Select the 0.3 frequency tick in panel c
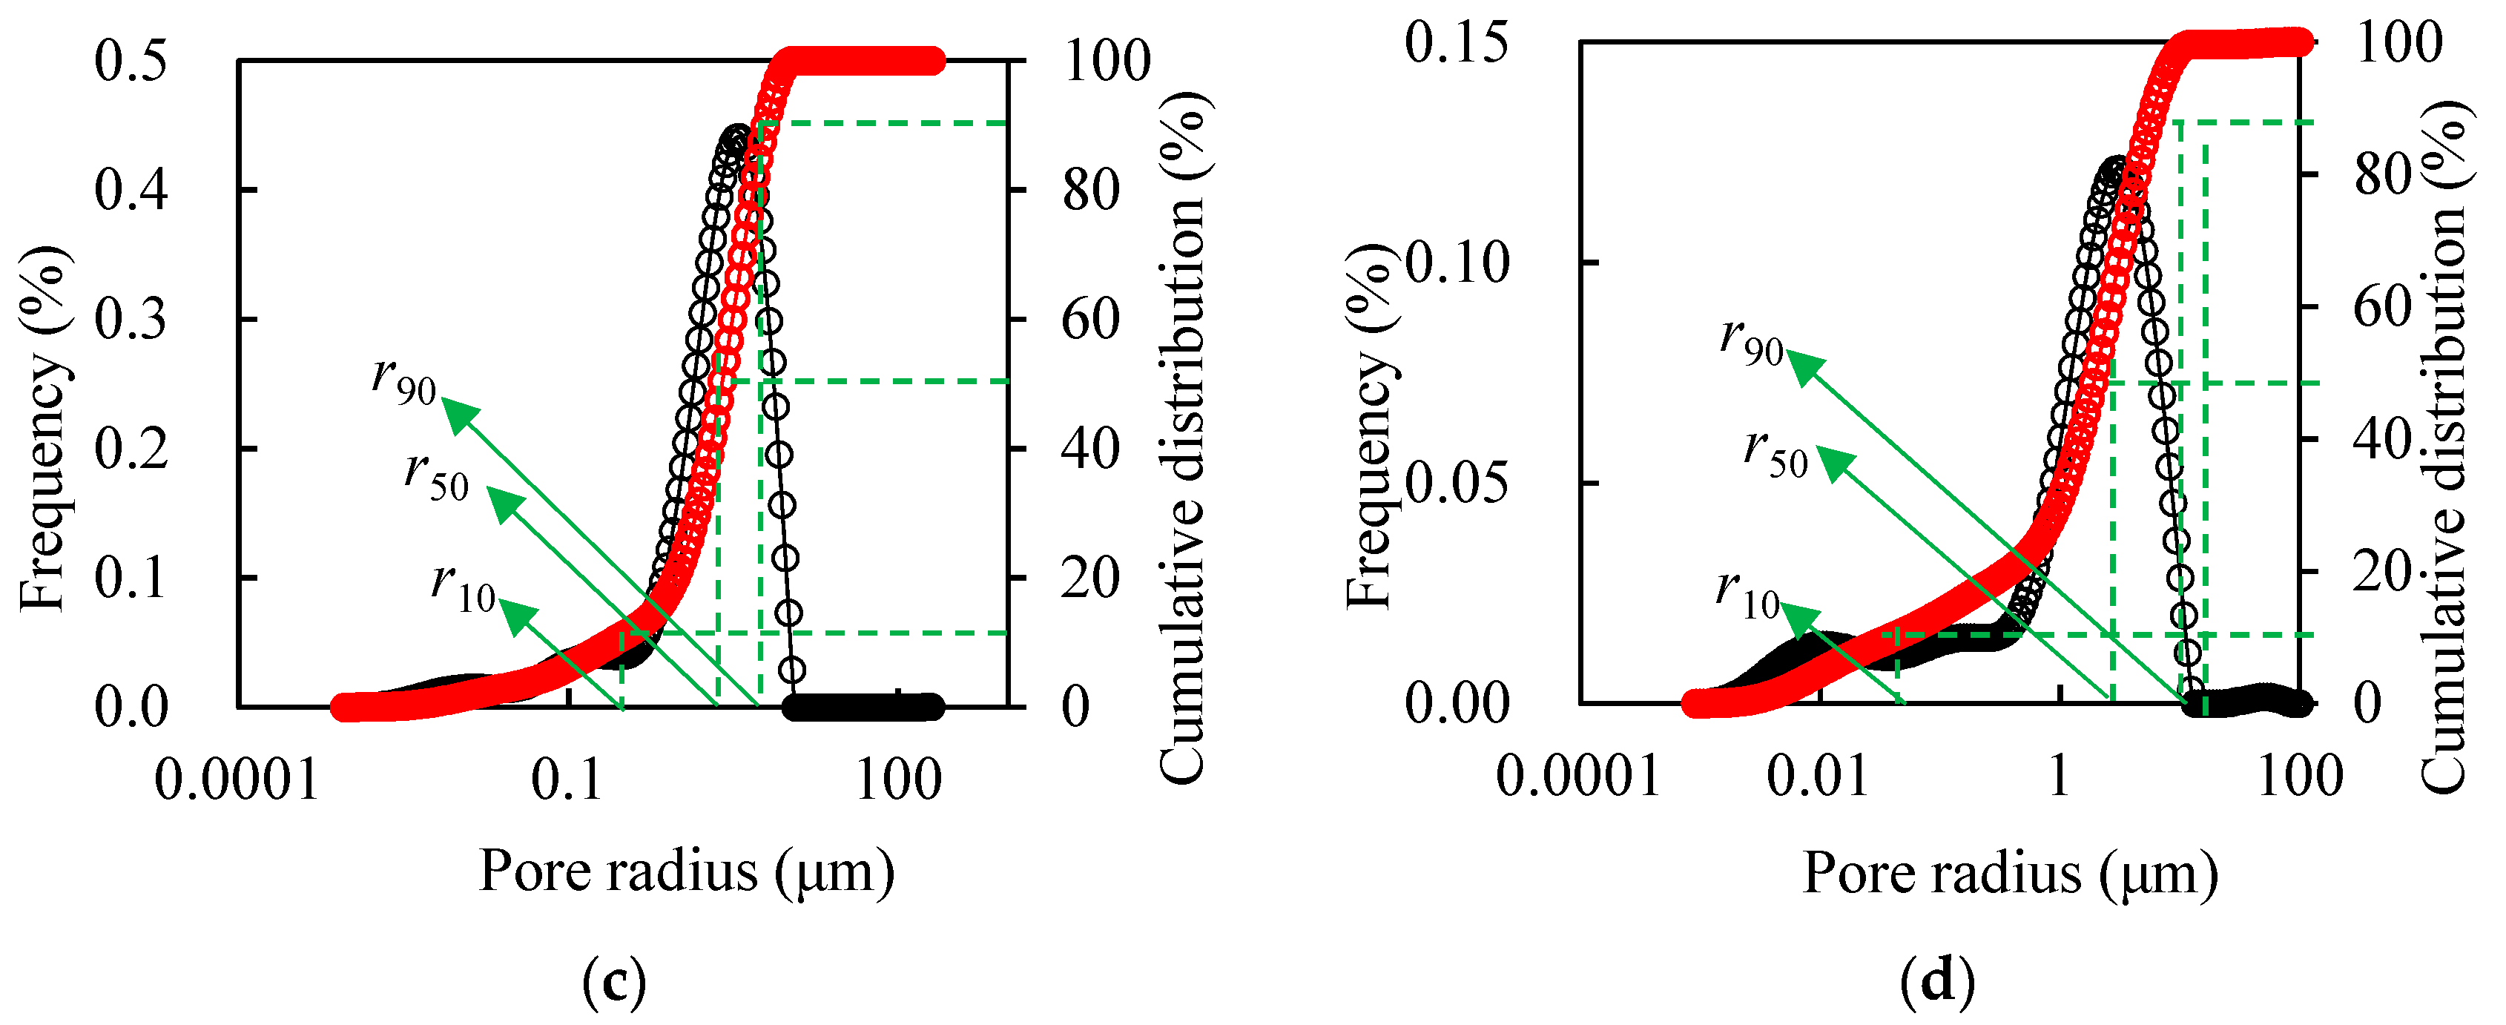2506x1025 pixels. tap(131, 320)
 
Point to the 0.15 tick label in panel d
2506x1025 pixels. tap(1457, 43)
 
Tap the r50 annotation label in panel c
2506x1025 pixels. tap(437, 475)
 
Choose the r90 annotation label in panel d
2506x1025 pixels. tap(1751, 340)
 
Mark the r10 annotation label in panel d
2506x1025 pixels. tap(1747, 594)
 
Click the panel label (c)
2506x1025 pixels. tap(614, 983)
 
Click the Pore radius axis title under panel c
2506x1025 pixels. tap(687, 872)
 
